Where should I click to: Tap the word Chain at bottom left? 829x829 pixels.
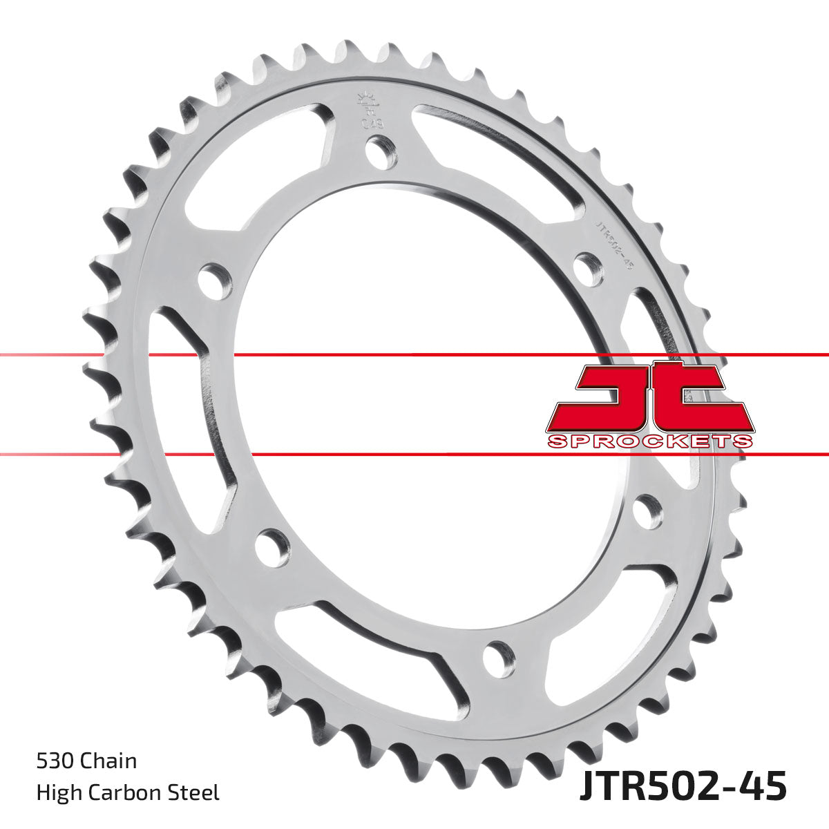[108, 761]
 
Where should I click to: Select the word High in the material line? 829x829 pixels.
[57, 792]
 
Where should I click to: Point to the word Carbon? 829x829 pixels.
[124, 792]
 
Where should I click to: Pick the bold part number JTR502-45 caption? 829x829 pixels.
[682, 788]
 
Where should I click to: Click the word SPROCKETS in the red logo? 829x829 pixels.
[649, 441]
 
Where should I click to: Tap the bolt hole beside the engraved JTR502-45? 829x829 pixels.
[588, 266]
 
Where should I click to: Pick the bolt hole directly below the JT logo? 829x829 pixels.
[647, 512]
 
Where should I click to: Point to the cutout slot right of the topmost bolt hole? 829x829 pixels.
[497, 152]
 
